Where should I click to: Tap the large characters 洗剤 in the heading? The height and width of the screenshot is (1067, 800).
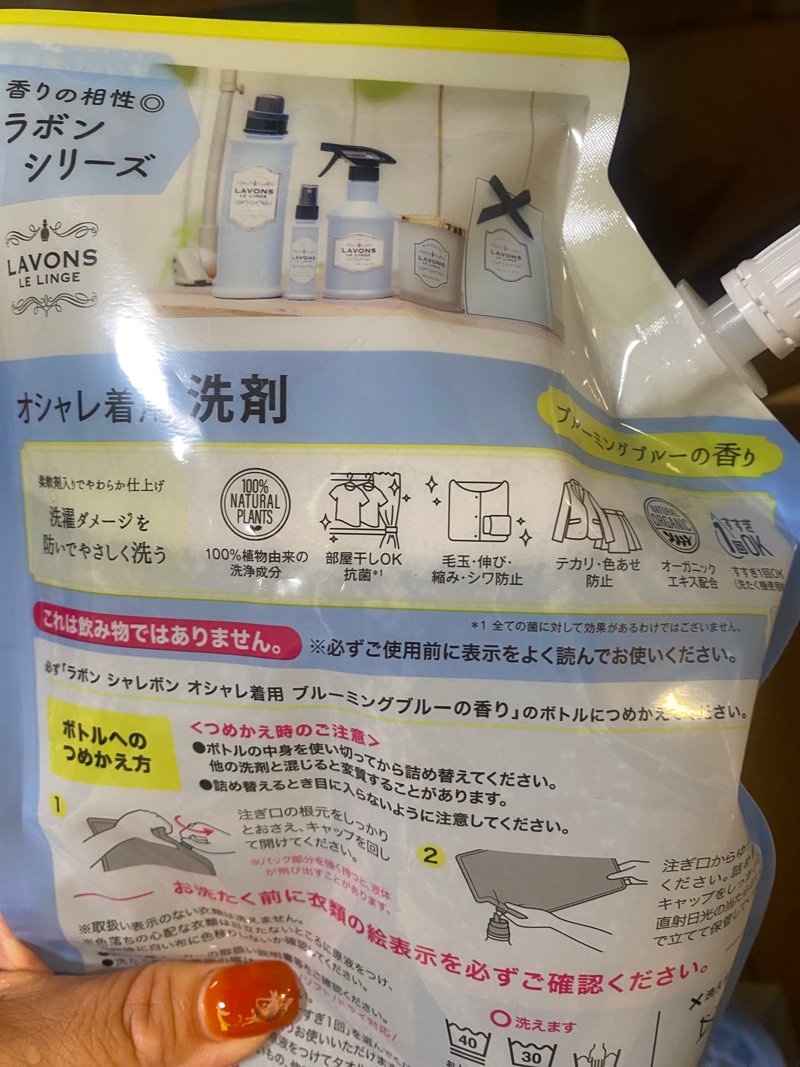(x=239, y=401)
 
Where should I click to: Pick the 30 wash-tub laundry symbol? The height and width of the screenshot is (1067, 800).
(x=531, y=1054)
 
